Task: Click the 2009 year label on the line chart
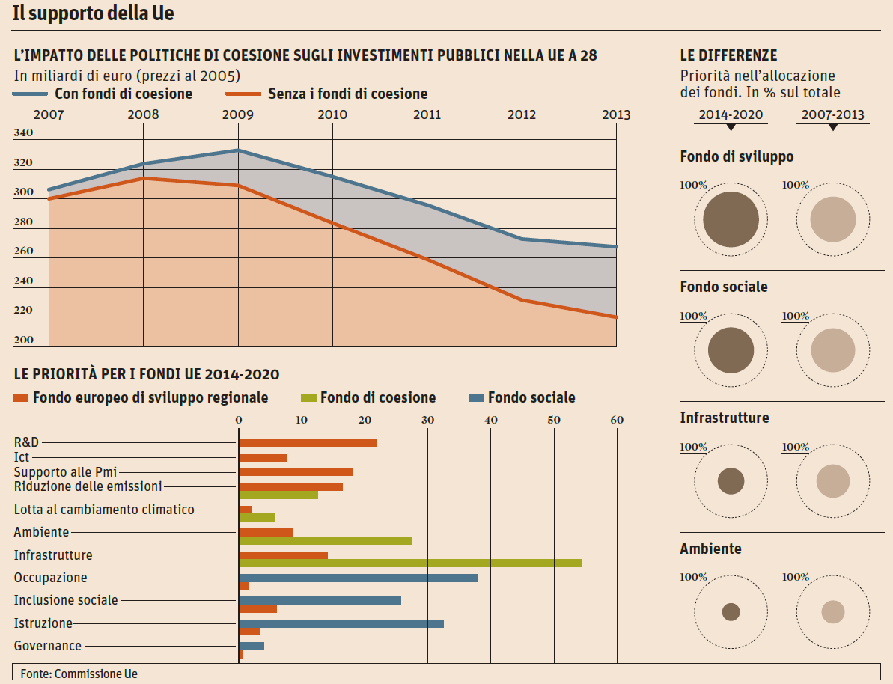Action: click(238, 114)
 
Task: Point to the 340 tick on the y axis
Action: click(24, 133)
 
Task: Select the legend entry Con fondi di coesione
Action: click(124, 94)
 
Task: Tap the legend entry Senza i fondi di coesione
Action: click(347, 94)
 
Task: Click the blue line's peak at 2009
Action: click(238, 150)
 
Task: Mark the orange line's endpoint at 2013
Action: click(616, 317)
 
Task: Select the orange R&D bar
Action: click(308, 442)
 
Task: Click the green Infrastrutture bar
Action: click(410, 563)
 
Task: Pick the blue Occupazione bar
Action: click(358, 578)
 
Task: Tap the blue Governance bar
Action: click(252, 646)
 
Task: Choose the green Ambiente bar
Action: click(326, 540)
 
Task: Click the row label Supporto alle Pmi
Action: click(66, 472)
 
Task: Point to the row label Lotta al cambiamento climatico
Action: click(104, 510)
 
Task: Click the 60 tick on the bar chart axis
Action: click(617, 420)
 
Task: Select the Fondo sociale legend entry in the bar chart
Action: click(531, 397)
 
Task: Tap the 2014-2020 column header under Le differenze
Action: click(731, 115)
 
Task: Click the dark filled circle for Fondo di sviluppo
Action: click(731, 219)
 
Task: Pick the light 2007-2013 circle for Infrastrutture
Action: click(832, 481)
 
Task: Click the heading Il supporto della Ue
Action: click(94, 13)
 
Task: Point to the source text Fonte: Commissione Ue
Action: click(79, 674)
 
